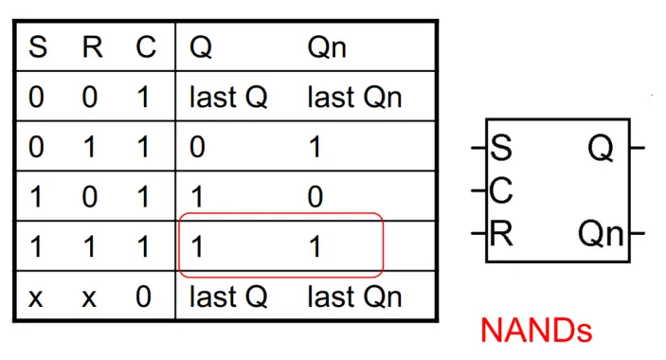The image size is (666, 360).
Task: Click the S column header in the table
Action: [x=38, y=48]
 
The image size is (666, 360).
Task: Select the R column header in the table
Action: [x=90, y=48]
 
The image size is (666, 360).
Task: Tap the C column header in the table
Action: [x=144, y=48]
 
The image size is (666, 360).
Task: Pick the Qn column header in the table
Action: [x=328, y=48]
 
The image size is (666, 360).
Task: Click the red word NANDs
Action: [x=536, y=330]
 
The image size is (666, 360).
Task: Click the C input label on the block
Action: [x=501, y=191]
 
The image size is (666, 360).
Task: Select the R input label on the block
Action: [x=500, y=233]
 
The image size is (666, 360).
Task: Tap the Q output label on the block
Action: [x=601, y=149]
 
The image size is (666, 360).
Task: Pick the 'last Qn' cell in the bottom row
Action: [x=354, y=297]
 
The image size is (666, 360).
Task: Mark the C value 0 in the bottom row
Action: [x=144, y=297]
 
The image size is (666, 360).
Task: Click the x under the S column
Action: [x=38, y=297]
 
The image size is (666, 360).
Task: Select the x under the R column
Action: [x=90, y=297]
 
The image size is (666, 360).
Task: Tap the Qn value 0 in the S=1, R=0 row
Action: [x=316, y=197]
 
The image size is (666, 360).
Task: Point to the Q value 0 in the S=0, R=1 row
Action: [x=198, y=148]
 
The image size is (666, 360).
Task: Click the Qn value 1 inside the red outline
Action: [x=315, y=246]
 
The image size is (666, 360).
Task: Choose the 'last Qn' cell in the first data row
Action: [x=354, y=98]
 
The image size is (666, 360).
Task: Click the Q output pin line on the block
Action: [x=638, y=149]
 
